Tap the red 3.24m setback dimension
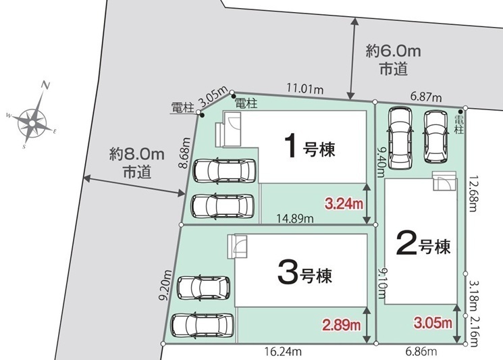pyautogui.click(x=344, y=203)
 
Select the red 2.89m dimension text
pyautogui.click(x=342, y=325)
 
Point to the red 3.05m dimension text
pyautogui.click(x=433, y=322)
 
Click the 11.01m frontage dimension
pyautogui.click(x=305, y=88)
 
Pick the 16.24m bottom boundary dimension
pyautogui.click(x=283, y=352)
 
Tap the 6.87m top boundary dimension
pyautogui.click(x=426, y=97)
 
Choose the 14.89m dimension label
pyautogui.click(x=295, y=219)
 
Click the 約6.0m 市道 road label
pyautogui.click(x=394, y=59)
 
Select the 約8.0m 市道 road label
pyautogui.click(x=137, y=163)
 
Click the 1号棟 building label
pyautogui.click(x=310, y=147)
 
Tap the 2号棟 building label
pyautogui.click(x=423, y=244)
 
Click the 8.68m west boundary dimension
pyautogui.click(x=184, y=153)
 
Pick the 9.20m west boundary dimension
pyautogui.click(x=166, y=286)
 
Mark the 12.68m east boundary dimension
pyautogui.click(x=473, y=193)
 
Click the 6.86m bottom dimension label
pyautogui.click(x=421, y=352)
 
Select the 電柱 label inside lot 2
pyautogui.click(x=459, y=125)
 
